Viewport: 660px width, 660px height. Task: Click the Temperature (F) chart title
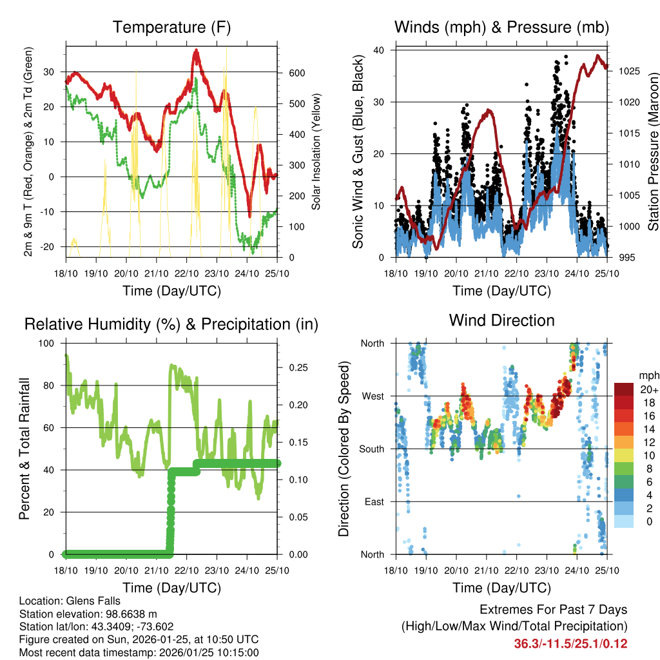(x=171, y=27)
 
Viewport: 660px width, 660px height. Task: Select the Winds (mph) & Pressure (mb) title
(x=501, y=27)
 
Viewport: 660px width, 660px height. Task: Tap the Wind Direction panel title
(x=501, y=320)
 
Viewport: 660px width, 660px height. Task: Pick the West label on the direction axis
(x=373, y=396)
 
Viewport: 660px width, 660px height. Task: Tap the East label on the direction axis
(x=373, y=501)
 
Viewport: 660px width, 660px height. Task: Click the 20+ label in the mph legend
(x=649, y=389)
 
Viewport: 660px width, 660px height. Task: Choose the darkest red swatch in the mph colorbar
(x=624, y=389)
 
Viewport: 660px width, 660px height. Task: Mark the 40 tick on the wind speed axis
(x=380, y=50)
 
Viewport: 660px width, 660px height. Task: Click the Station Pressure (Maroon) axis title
(x=653, y=151)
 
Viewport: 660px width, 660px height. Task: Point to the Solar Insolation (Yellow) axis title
(x=316, y=151)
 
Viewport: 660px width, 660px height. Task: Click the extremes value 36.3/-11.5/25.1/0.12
(x=570, y=643)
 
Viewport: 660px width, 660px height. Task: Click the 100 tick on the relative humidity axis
(x=48, y=344)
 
